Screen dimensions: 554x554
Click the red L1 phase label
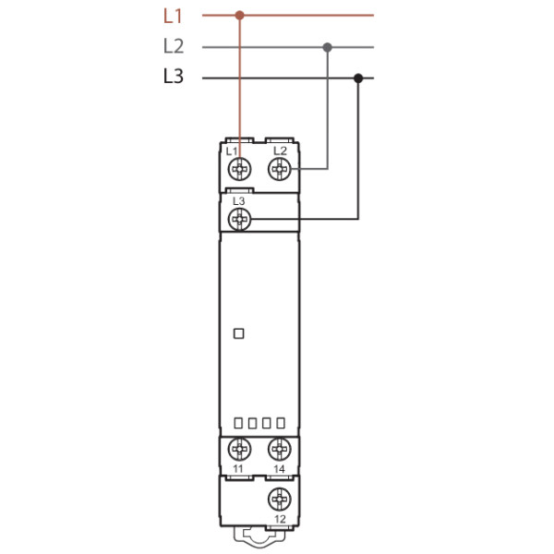click(x=173, y=16)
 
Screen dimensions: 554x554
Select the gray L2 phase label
click(x=173, y=46)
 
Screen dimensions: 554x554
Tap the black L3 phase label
click(x=173, y=78)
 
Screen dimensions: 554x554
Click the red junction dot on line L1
click(x=240, y=15)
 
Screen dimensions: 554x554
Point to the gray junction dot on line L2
click(x=327, y=46)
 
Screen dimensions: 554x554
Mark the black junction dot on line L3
click(x=358, y=78)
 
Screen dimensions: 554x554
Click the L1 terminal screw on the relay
click(x=239, y=169)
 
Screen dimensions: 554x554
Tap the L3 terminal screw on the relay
click(x=239, y=219)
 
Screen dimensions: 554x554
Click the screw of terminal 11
click(x=239, y=450)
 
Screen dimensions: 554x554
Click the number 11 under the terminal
click(x=238, y=470)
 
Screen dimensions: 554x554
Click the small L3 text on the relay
click(x=238, y=200)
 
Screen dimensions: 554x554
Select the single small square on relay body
click(x=238, y=334)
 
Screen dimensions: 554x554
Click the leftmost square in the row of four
click(x=238, y=423)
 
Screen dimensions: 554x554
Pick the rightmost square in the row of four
click(x=281, y=423)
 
